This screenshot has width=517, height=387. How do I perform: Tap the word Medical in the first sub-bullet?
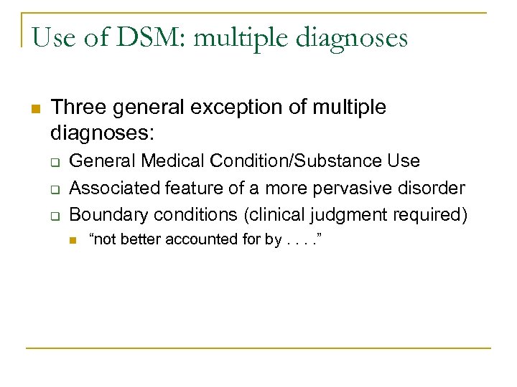169,161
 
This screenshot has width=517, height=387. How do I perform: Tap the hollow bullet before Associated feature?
54,189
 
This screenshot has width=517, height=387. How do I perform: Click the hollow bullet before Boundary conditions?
54,215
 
